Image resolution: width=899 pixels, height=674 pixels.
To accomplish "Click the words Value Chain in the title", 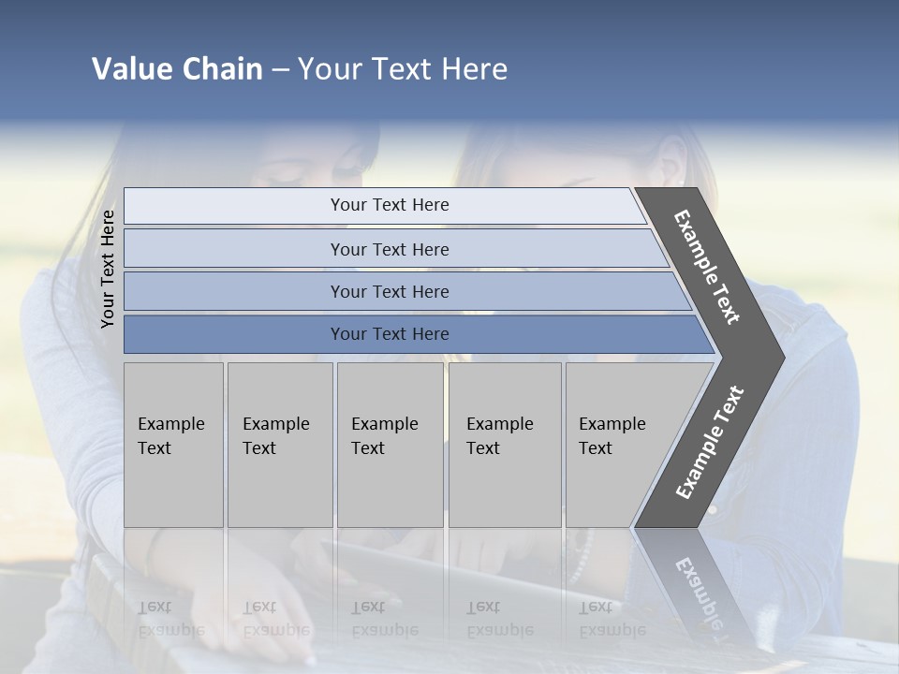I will coord(177,69).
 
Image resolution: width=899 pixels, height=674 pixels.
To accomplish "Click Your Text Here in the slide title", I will coord(403,69).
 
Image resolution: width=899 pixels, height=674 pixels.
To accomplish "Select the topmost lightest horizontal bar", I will coord(389,205).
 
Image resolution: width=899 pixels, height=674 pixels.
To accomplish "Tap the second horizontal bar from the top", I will coord(389,249).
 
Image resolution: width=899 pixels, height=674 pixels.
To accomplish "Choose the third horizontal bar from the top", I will coord(389,291).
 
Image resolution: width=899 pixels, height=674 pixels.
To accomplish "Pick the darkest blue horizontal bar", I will coord(389,334).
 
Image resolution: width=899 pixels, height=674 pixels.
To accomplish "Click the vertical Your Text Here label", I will coord(108,270).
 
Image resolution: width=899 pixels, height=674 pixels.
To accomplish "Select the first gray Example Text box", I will coord(173,445).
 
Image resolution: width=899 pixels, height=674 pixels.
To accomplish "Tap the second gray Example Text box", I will coord(279,445).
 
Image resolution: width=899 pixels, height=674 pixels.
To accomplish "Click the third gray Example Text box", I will coord(389,445).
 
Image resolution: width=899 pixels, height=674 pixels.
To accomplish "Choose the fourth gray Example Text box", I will coord(504,445).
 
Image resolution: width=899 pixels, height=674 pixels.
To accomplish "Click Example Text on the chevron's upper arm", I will coord(707,267).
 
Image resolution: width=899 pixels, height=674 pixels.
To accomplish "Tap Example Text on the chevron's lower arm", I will coord(710,442).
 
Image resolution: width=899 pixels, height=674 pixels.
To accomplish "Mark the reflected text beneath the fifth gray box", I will coord(612,619).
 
